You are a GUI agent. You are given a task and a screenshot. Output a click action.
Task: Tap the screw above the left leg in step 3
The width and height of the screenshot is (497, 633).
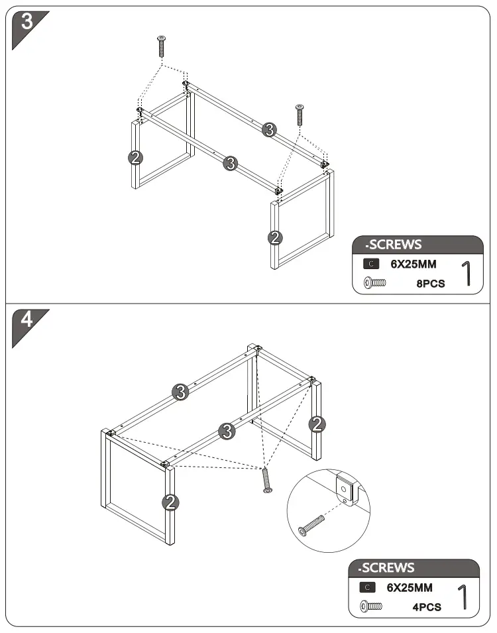(x=160, y=47)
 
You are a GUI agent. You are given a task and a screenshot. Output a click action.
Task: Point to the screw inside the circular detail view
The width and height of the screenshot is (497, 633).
(x=311, y=523)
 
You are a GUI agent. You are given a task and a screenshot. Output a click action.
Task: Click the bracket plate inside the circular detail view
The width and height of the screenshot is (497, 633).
(x=345, y=490)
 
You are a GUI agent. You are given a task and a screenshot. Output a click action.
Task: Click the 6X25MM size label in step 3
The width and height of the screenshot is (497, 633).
(x=413, y=264)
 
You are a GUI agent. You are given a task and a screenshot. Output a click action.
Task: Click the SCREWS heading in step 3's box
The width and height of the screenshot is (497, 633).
(x=397, y=245)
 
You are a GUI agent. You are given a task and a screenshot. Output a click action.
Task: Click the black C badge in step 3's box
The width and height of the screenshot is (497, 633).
(x=371, y=264)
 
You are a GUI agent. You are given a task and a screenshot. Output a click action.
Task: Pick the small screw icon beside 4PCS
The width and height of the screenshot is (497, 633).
(x=372, y=606)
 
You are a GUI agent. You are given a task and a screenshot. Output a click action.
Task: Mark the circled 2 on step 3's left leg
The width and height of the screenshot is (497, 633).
(x=135, y=157)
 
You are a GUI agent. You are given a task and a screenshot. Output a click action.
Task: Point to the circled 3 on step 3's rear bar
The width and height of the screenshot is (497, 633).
(x=268, y=130)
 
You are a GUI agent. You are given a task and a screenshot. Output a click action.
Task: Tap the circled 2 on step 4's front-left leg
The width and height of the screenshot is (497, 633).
(x=171, y=502)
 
